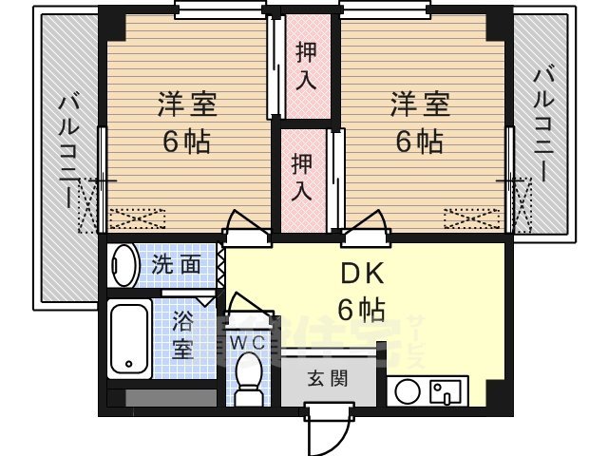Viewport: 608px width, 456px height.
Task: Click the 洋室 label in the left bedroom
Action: click(x=186, y=103)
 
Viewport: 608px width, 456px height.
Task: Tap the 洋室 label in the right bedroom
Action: click(x=418, y=103)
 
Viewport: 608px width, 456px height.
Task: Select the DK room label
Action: click(x=362, y=274)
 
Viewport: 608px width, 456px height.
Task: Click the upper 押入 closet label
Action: click(x=306, y=65)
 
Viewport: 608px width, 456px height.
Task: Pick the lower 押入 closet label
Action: click(x=302, y=176)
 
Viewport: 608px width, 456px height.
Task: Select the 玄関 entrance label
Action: click(x=327, y=377)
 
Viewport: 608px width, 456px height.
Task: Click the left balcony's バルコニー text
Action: click(x=69, y=149)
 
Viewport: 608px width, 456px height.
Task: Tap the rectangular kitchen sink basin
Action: click(x=446, y=391)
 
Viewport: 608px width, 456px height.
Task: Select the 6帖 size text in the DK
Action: click(x=362, y=310)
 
